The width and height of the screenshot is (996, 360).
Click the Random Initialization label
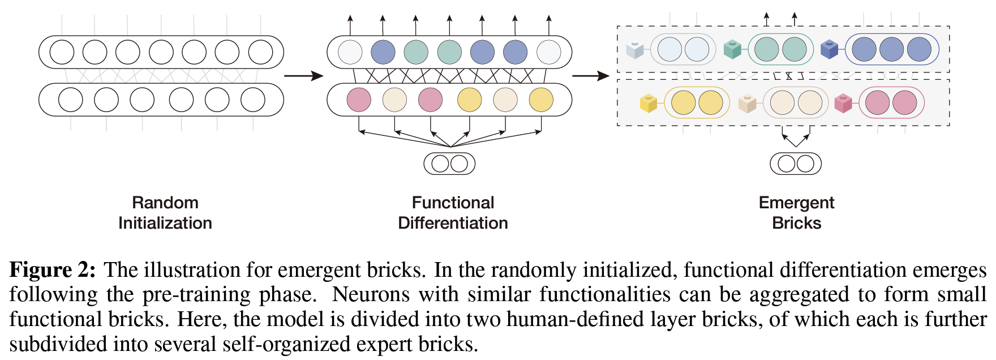tap(165, 213)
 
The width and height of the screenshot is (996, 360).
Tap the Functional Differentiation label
tap(453, 213)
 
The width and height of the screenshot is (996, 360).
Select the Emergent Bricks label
tap(796, 213)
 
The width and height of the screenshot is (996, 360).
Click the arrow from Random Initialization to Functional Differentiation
tap(303, 76)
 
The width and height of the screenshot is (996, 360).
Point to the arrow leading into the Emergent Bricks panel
tap(591, 76)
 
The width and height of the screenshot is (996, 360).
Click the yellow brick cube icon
tap(648, 104)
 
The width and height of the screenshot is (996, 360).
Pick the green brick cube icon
tap(732, 49)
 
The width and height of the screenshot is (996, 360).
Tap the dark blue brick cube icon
tap(829, 49)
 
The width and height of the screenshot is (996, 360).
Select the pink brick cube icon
tap(843, 104)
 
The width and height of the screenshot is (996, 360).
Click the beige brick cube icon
tap(747, 104)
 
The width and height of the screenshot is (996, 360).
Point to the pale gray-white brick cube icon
tap(635, 50)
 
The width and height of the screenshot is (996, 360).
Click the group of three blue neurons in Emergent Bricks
tap(892, 49)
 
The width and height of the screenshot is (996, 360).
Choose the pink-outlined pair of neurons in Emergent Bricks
tap(891, 103)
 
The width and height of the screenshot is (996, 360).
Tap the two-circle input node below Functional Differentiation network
tap(449, 164)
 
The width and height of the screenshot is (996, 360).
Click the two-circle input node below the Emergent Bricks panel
tap(796, 164)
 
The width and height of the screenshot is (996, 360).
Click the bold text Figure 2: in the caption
tap(53, 270)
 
